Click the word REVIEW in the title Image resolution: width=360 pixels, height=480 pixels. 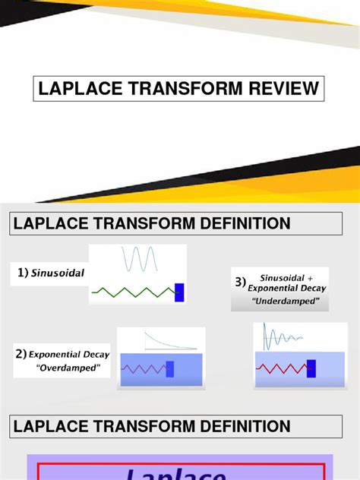[x=280, y=90]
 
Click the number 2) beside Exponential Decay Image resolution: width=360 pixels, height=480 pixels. [x=21, y=355]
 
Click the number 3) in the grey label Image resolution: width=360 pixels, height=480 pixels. [x=241, y=283]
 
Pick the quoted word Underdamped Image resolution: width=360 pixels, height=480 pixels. [x=291, y=302]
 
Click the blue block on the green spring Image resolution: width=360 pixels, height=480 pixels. [x=179, y=292]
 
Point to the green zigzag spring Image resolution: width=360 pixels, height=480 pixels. [x=133, y=292]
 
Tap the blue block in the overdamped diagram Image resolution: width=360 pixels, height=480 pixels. [x=170, y=369]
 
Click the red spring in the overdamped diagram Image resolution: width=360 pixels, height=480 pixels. [x=144, y=369]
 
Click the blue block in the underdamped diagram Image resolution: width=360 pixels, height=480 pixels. [x=310, y=369]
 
